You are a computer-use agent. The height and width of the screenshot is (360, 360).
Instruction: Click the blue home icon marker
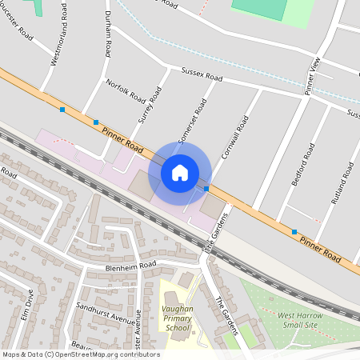[180, 172]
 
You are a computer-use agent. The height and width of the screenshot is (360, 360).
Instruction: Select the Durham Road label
[106, 33]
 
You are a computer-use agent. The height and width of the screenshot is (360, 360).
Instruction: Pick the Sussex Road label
[202, 74]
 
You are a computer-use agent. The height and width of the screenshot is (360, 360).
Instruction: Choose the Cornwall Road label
[236, 135]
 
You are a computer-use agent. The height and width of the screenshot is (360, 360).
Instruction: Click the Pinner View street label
[313, 76]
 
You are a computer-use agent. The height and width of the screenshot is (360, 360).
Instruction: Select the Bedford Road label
[302, 165]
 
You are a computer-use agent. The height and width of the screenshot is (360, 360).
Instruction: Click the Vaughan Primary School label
[178, 318]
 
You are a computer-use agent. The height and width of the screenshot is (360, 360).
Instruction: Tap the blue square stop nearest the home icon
[206, 189]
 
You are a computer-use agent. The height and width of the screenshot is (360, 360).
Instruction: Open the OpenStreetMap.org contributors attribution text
[116, 354]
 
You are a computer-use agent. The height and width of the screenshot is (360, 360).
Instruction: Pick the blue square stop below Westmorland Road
[62, 109]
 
